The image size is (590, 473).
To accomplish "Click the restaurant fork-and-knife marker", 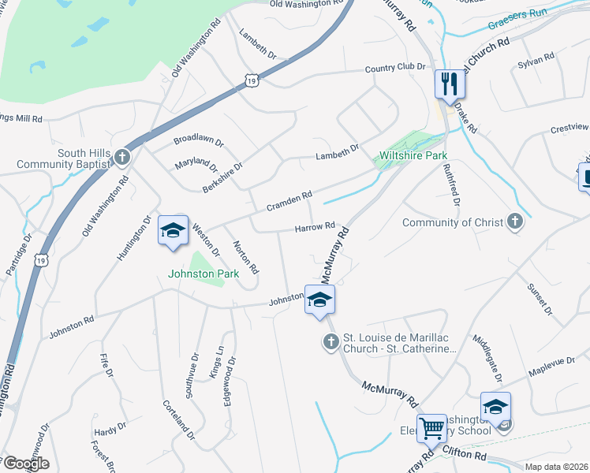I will point(450,84).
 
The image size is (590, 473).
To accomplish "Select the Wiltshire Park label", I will point(413,156).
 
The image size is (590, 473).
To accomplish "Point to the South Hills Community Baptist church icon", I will point(121,157).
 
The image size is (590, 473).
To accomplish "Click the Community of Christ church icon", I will point(515,222).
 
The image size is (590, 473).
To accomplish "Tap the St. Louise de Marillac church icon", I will point(330,341).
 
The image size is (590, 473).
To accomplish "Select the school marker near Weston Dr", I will point(174,230).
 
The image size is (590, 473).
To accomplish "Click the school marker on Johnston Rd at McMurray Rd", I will point(319,300).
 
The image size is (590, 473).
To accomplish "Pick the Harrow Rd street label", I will point(316,227).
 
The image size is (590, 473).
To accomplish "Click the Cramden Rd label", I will point(289,199).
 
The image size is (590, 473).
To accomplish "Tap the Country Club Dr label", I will point(394,69).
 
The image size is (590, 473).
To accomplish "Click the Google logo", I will point(26,463).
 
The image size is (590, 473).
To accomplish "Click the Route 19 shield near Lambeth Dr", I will point(251,80).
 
